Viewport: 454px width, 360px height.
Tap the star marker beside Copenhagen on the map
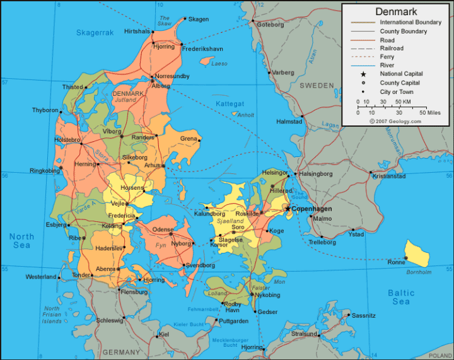[288, 207]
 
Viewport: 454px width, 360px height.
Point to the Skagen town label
[198, 19]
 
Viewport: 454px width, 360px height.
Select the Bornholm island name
[419, 272]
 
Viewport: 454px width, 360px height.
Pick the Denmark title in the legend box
[396, 11]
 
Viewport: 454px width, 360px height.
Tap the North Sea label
[21, 240]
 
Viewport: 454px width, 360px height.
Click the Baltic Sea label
[401, 297]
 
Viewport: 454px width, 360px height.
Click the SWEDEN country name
[316, 85]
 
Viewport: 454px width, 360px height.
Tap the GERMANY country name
[121, 352]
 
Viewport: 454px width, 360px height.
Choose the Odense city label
[163, 229]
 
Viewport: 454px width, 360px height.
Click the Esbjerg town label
[55, 224]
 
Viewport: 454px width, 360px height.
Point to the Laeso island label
[219, 64]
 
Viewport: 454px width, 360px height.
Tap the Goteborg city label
[271, 25]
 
